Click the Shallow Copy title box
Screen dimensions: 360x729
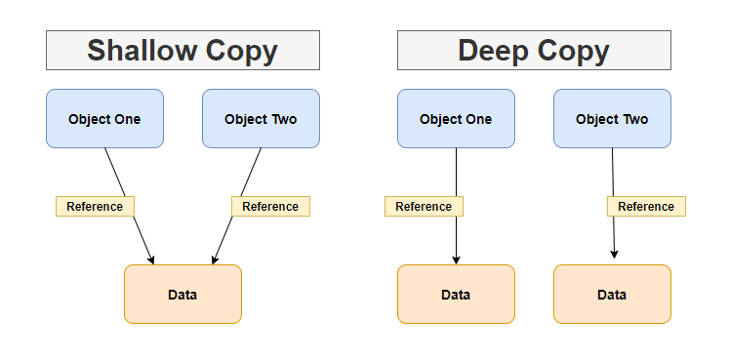tap(182, 50)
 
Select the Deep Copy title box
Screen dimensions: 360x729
tap(534, 50)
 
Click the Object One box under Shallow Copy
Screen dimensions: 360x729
tap(104, 119)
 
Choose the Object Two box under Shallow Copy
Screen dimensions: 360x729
tap(261, 119)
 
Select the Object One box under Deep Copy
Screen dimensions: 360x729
tap(456, 119)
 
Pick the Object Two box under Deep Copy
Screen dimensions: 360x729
tap(612, 119)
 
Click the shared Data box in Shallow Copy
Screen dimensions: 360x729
tap(182, 294)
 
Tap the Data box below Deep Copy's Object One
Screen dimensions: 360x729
tap(456, 294)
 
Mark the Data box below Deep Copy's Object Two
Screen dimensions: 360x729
tap(612, 294)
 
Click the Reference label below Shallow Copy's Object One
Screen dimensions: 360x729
tap(95, 206)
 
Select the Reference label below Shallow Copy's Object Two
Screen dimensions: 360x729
tap(270, 206)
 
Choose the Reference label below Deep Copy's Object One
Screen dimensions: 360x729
tap(424, 206)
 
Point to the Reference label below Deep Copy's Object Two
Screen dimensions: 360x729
tap(646, 206)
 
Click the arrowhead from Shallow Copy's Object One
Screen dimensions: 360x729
tap(151, 259)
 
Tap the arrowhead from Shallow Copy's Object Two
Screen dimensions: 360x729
tap(214, 259)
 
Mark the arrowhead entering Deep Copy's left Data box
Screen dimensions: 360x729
tap(456, 259)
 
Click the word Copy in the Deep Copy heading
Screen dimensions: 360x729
tap(576, 51)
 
